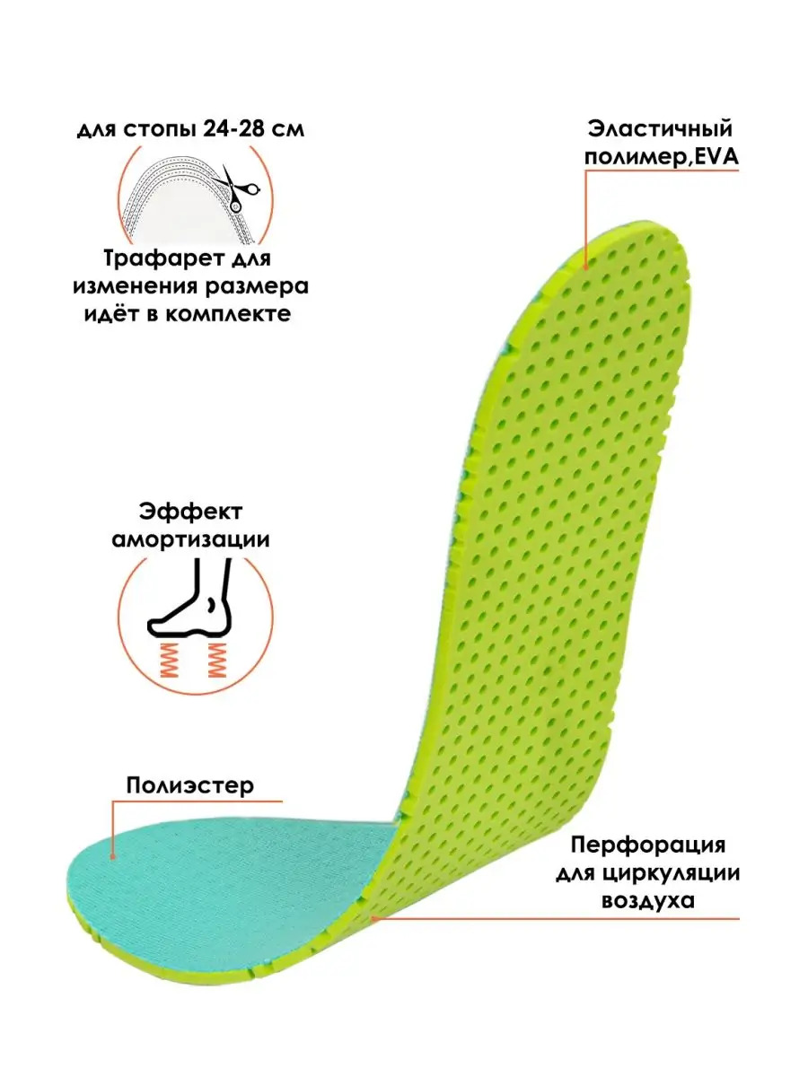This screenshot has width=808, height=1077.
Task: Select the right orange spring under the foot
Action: (x=216, y=660)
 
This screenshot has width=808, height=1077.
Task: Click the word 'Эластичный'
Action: (x=661, y=129)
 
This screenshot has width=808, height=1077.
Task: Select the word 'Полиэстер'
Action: (x=190, y=785)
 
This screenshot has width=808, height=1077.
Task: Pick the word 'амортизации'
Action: (x=191, y=539)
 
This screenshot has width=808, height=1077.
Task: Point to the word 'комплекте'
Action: (x=227, y=314)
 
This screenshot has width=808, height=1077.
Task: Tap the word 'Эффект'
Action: (x=191, y=512)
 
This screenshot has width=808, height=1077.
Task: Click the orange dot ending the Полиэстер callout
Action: (x=113, y=857)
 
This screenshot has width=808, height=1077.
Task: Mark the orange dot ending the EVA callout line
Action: (x=585, y=267)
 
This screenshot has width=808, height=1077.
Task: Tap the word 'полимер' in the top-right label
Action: (x=635, y=158)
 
